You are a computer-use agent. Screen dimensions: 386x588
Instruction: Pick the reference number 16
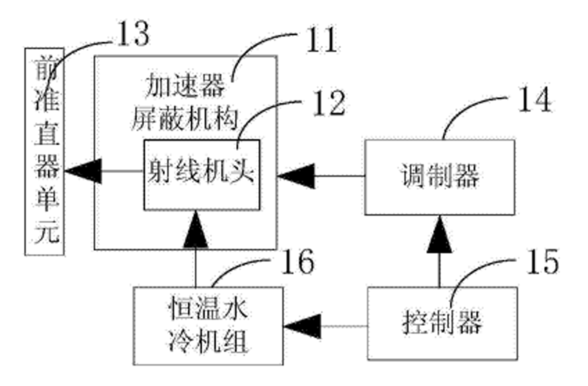(x=294, y=262)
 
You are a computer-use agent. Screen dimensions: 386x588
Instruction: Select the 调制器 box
(x=439, y=177)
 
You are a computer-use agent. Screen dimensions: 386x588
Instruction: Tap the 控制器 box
(x=442, y=323)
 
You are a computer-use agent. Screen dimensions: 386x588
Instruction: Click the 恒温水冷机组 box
(x=208, y=325)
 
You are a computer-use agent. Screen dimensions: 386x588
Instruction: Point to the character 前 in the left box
(x=44, y=68)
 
